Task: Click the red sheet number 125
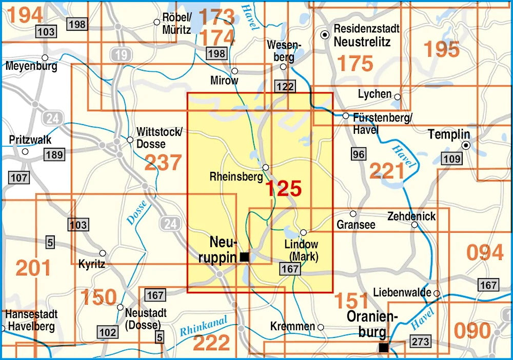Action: point(283,188)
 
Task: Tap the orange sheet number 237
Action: point(163,163)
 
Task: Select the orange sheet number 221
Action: point(387,171)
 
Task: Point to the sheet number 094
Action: point(485,252)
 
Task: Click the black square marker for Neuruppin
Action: point(245,257)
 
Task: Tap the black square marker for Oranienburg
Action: point(383,348)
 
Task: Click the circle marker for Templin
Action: point(466,146)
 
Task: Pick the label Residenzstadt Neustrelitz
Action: point(366,35)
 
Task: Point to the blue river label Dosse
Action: point(136,213)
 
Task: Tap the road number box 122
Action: point(285,86)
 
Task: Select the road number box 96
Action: point(359,153)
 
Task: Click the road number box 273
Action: point(420,342)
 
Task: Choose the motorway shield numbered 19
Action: point(120,55)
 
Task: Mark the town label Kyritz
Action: point(92,264)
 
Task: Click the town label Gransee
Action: point(356,225)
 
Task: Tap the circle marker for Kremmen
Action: point(321,327)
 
